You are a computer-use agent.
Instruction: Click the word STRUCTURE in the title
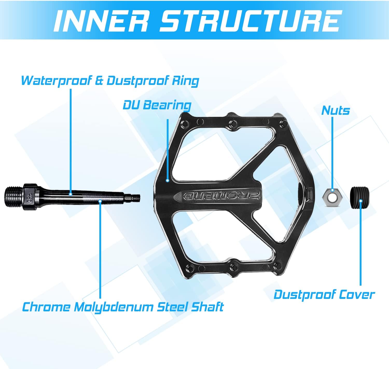pos(249,21)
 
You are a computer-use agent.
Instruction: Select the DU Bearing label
pos(157,105)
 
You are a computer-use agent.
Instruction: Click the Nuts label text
pos(335,110)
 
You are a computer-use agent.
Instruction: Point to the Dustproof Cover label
pos(324,295)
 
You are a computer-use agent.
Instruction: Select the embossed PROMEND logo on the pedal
pos(222,196)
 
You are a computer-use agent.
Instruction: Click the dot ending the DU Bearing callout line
pos(168,180)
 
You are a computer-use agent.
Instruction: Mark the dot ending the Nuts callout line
pos(332,190)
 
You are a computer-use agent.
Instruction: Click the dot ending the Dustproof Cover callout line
pos(360,201)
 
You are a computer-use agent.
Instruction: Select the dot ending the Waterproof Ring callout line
pos(70,194)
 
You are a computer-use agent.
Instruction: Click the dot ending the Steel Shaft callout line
pos(100,200)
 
